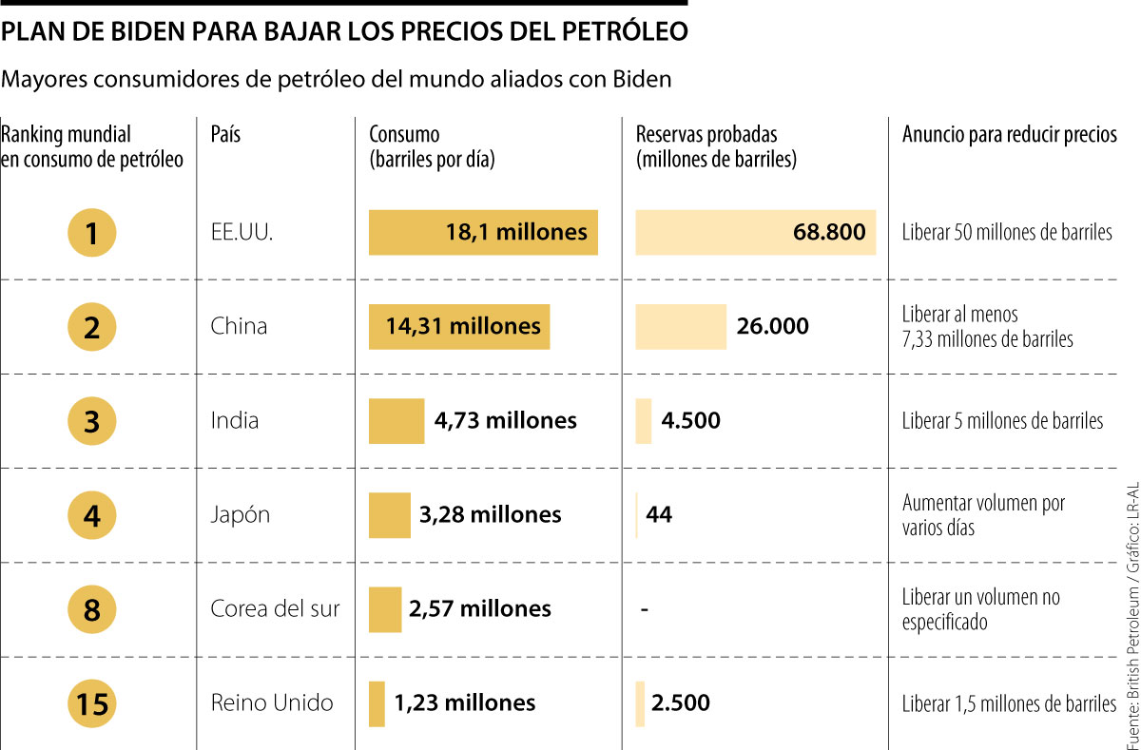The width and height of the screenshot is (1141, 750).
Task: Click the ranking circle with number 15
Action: [92, 703]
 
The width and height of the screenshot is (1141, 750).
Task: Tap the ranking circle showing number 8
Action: [92, 609]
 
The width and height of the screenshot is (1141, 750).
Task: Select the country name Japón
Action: [241, 515]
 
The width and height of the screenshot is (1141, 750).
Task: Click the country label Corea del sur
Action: [275, 609]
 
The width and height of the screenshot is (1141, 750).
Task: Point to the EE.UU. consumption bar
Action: [483, 232]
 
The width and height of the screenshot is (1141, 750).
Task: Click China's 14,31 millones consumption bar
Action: [459, 327]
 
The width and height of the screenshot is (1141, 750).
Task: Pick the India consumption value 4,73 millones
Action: [505, 421]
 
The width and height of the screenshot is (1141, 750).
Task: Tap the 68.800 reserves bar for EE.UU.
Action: [755, 232]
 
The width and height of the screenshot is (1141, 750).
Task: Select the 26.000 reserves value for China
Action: [772, 327]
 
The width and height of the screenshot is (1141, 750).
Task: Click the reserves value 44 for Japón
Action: [659, 515]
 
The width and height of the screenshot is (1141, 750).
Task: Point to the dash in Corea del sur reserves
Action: [645, 609]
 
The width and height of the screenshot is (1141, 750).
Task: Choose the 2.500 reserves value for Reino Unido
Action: [681, 703]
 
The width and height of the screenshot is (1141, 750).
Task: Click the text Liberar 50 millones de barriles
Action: [1007, 233]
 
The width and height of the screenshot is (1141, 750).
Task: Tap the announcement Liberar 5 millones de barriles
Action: [1003, 421]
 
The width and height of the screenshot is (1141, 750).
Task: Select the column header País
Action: [225, 135]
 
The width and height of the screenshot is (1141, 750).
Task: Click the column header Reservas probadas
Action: [706, 135]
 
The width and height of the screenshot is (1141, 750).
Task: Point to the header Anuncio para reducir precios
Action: [1009, 135]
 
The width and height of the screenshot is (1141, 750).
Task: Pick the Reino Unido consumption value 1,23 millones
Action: [464, 703]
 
